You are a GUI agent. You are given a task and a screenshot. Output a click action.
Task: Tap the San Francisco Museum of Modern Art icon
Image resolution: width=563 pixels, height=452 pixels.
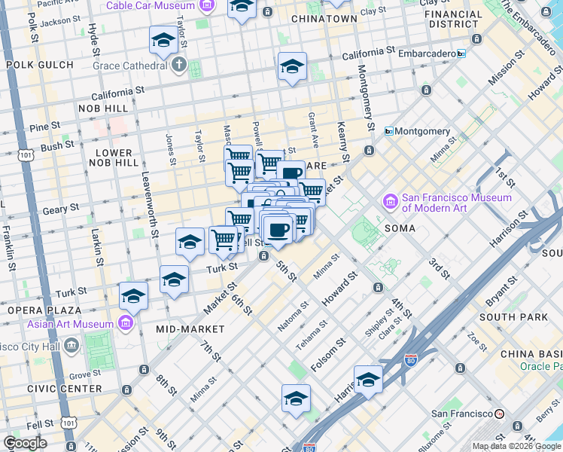(391, 202)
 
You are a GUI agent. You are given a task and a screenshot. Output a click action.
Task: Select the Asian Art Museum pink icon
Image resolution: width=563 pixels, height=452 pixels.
(126, 325)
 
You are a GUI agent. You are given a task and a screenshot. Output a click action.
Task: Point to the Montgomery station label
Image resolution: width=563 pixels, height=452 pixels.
(422, 131)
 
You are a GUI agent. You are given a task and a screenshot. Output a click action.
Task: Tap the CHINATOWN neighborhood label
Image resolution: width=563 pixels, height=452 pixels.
(324, 18)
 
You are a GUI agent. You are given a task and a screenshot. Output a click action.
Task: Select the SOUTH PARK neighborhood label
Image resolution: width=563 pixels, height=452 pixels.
(513, 317)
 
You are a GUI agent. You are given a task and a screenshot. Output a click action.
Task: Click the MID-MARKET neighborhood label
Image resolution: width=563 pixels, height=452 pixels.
(190, 329)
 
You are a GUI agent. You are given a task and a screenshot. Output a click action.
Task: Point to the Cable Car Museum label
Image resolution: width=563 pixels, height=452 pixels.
(151, 5)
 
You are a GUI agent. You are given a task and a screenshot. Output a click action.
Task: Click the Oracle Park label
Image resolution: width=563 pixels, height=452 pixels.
(540, 367)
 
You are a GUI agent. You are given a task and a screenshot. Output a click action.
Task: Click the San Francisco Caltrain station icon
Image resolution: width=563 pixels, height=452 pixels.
(499, 414)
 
